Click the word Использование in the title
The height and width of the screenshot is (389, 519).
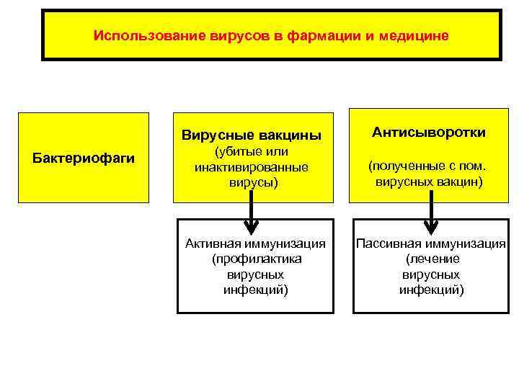tap(136, 35)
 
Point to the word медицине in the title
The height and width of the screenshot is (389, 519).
tap(414, 35)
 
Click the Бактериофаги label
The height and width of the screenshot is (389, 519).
tap(84, 158)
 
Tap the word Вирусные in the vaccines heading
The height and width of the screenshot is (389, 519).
tap(214, 136)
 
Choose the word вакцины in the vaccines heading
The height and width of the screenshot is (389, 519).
tap(285, 136)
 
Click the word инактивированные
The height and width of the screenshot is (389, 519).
tap(251, 167)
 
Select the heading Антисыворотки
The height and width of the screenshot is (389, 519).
tap(429, 133)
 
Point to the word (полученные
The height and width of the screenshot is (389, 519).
tap(407, 167)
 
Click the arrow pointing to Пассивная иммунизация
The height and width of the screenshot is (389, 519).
tap(431, 216)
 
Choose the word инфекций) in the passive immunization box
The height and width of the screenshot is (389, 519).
tap(431, 290)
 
